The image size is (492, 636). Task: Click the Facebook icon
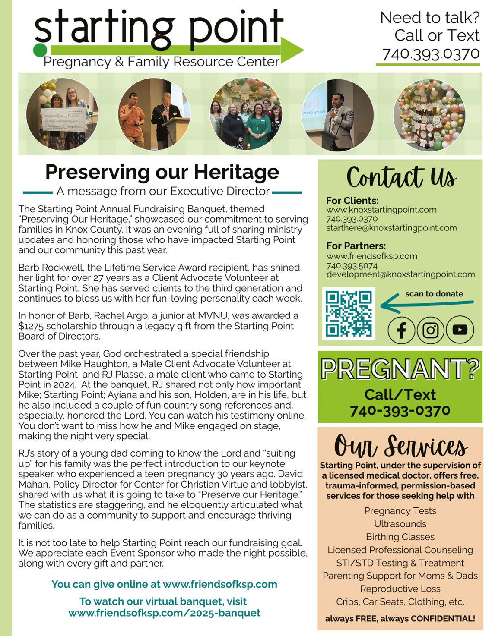(x=401, y=330)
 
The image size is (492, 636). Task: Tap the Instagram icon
(x=430, y=330)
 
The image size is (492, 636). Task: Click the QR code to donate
(x=349, y=314)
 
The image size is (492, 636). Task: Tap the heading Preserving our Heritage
(x=162, y=172)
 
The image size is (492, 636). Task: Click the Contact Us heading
(x=401, y=177)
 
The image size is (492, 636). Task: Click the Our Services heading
(x=400, y=445)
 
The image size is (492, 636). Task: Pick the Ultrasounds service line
(x=400, y=524)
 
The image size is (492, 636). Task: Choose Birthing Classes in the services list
(x=400, y=537)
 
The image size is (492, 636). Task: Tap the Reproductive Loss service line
(x=400, y=589)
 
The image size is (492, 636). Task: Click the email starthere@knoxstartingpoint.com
(x=391, y=228)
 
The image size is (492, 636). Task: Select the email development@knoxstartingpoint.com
(x=400, y=274)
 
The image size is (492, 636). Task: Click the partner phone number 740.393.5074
(x=352, y=265)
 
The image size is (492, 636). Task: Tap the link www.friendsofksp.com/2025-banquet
(x=164, y=613)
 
